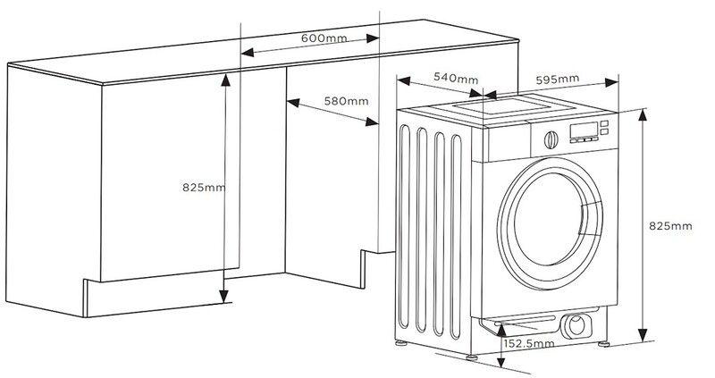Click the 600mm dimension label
[x=324, y=38]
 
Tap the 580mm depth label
[x=346, y=101]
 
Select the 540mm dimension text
[x=456, y=79]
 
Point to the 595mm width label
[x=557, y=80]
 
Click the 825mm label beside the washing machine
[x=670, y=226]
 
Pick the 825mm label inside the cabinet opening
[x=204, y=187]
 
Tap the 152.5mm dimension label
[x=529, y=343]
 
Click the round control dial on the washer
[x=551, y=140]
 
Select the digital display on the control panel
[x=584, y=130]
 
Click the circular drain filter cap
[x=576, y=325]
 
